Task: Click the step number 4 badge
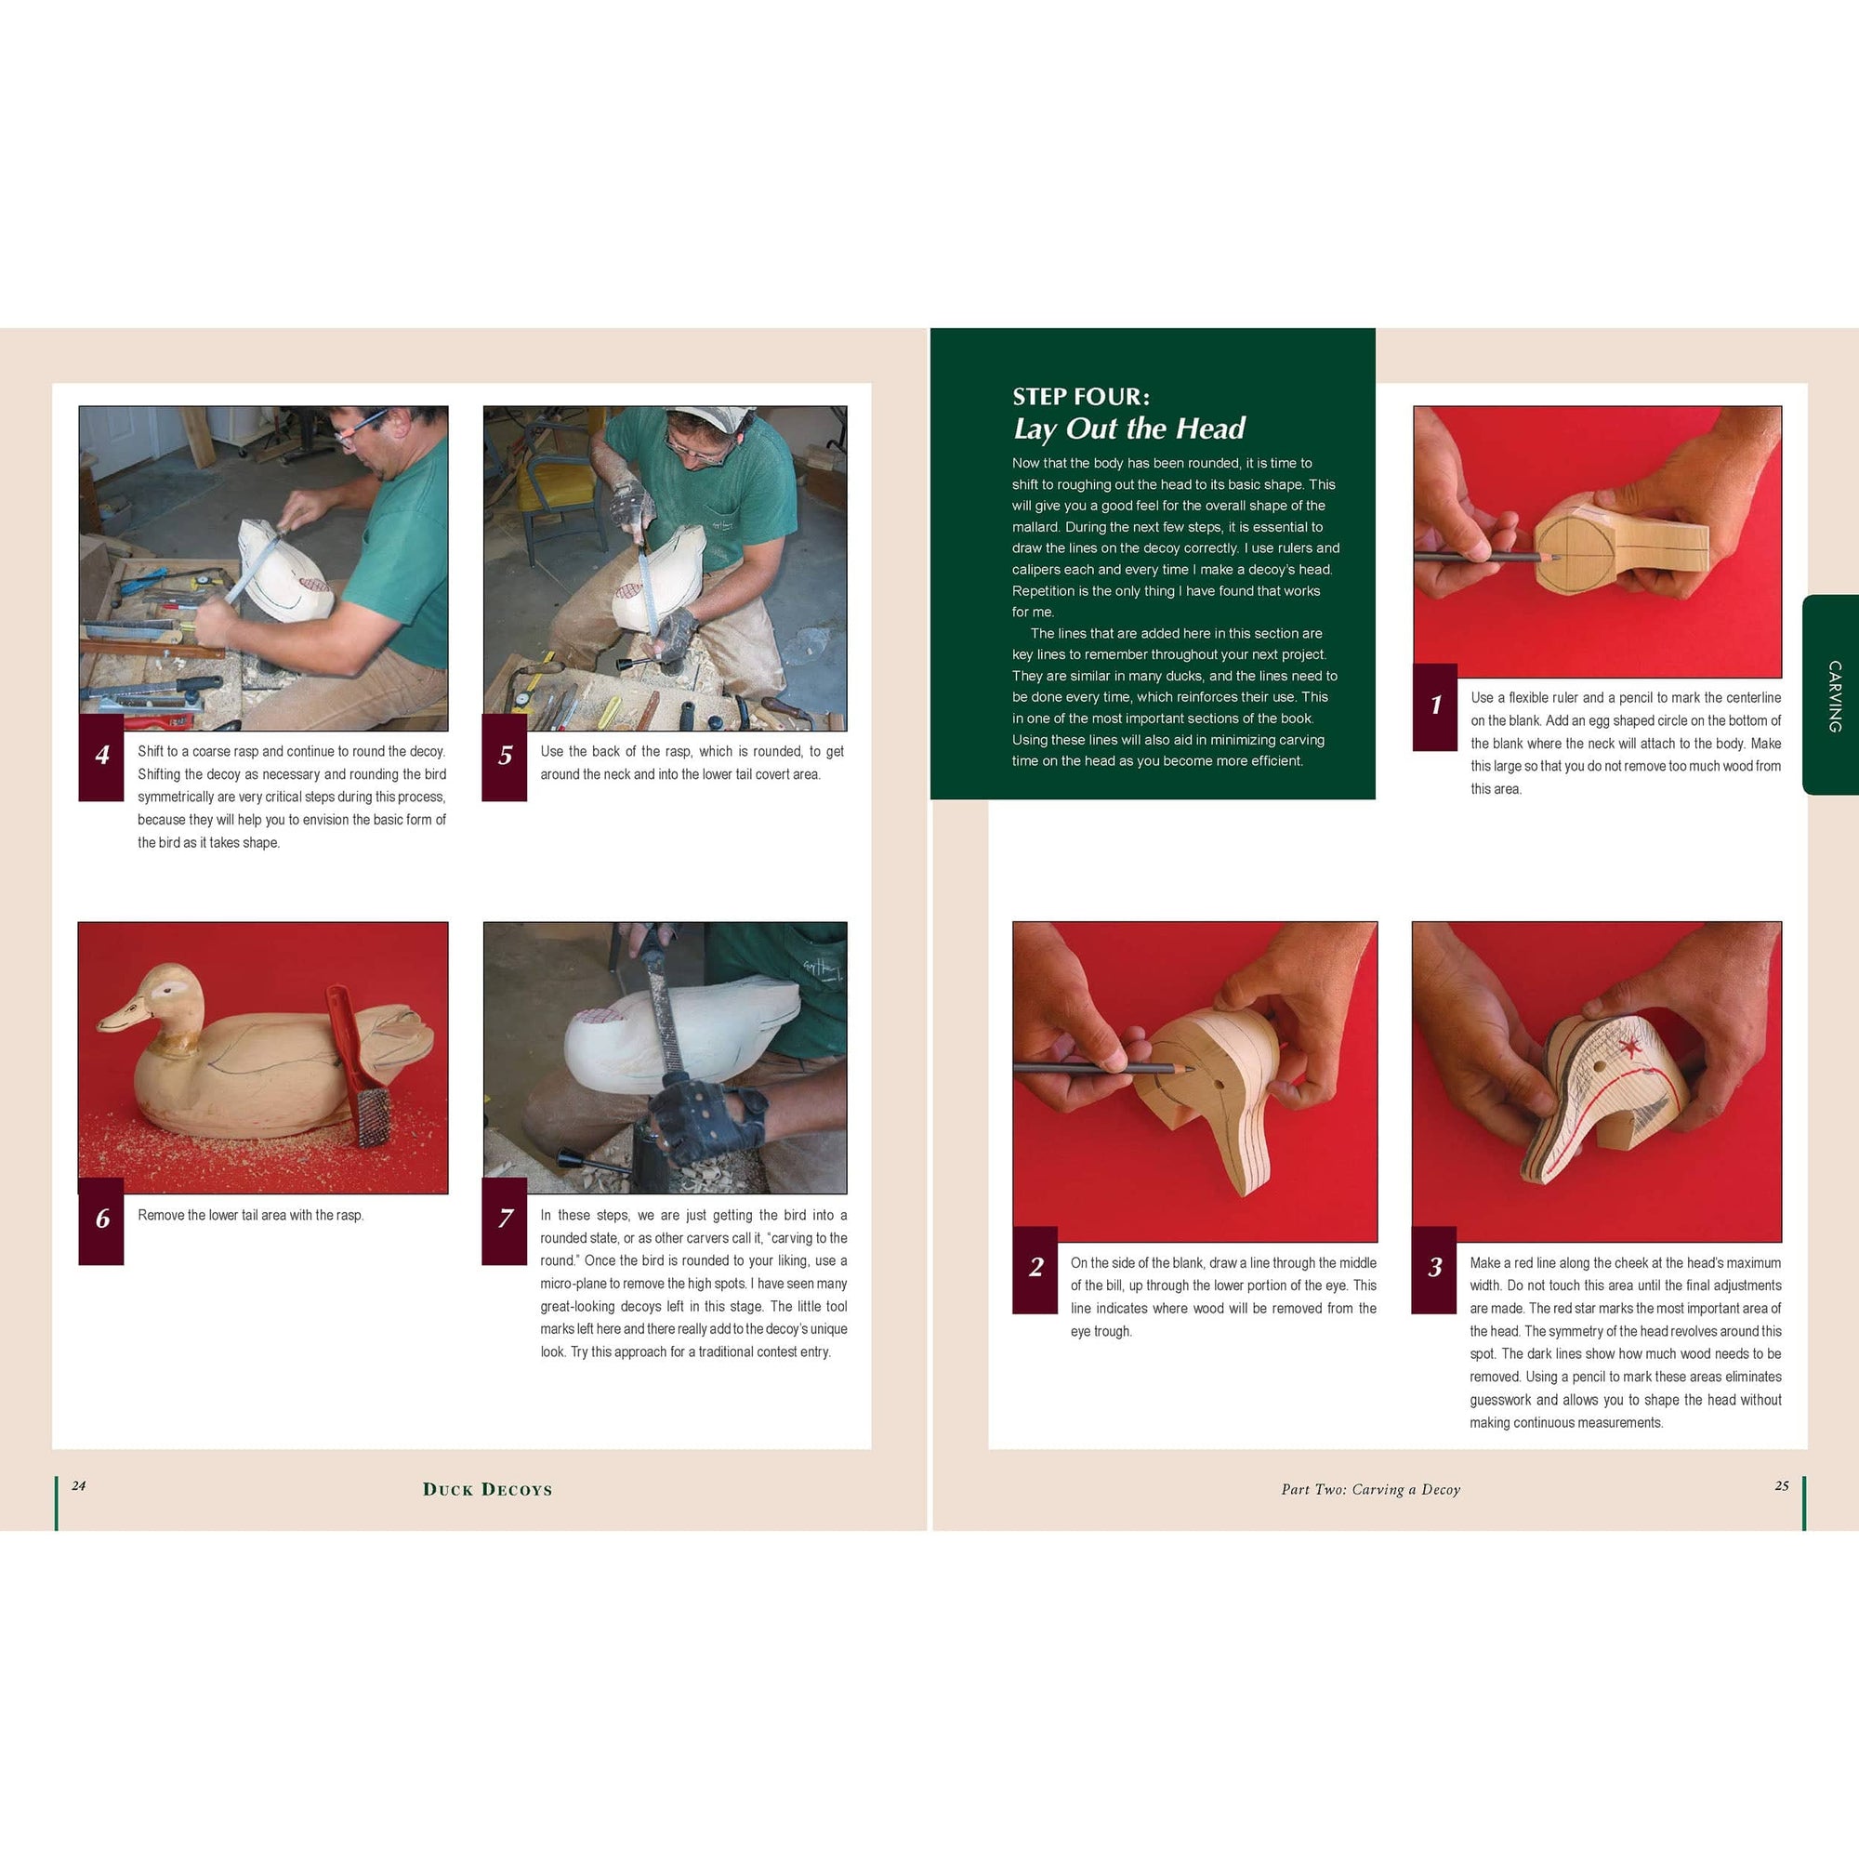pyautogui.click(x=101, y=758)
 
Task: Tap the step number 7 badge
pyautogui.click(x=504, y=1220)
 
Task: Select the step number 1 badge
pyautogui.click(x=1434, y=706)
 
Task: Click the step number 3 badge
pyautogui.click(x=1433, y=1269)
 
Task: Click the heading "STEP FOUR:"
pyautogui.click(x=1081, y=397)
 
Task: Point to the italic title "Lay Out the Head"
pyautogui.click(x=1128, y=428)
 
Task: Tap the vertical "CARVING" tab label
pyautogui.click(x=1835, y=695)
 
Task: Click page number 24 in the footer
pyautogui.click(x=79, y=1485)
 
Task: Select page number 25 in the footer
pyautogui.click(x=1781, y=1485)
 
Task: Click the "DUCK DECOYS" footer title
pyautogui.click(x=488, y=1489)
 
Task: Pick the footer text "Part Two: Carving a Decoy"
pyautogui.click(x=1370, y=1489)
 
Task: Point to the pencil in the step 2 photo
pyautogui.click(x=1103, y=1068)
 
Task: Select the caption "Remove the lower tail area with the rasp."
pyautogui.click(x=250, y=1215)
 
